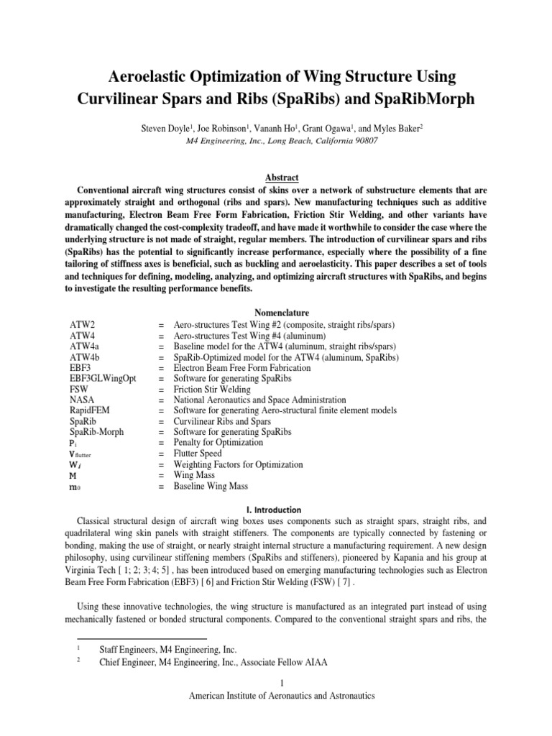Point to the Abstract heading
276,178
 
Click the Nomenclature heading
276,313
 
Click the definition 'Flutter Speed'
201,454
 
